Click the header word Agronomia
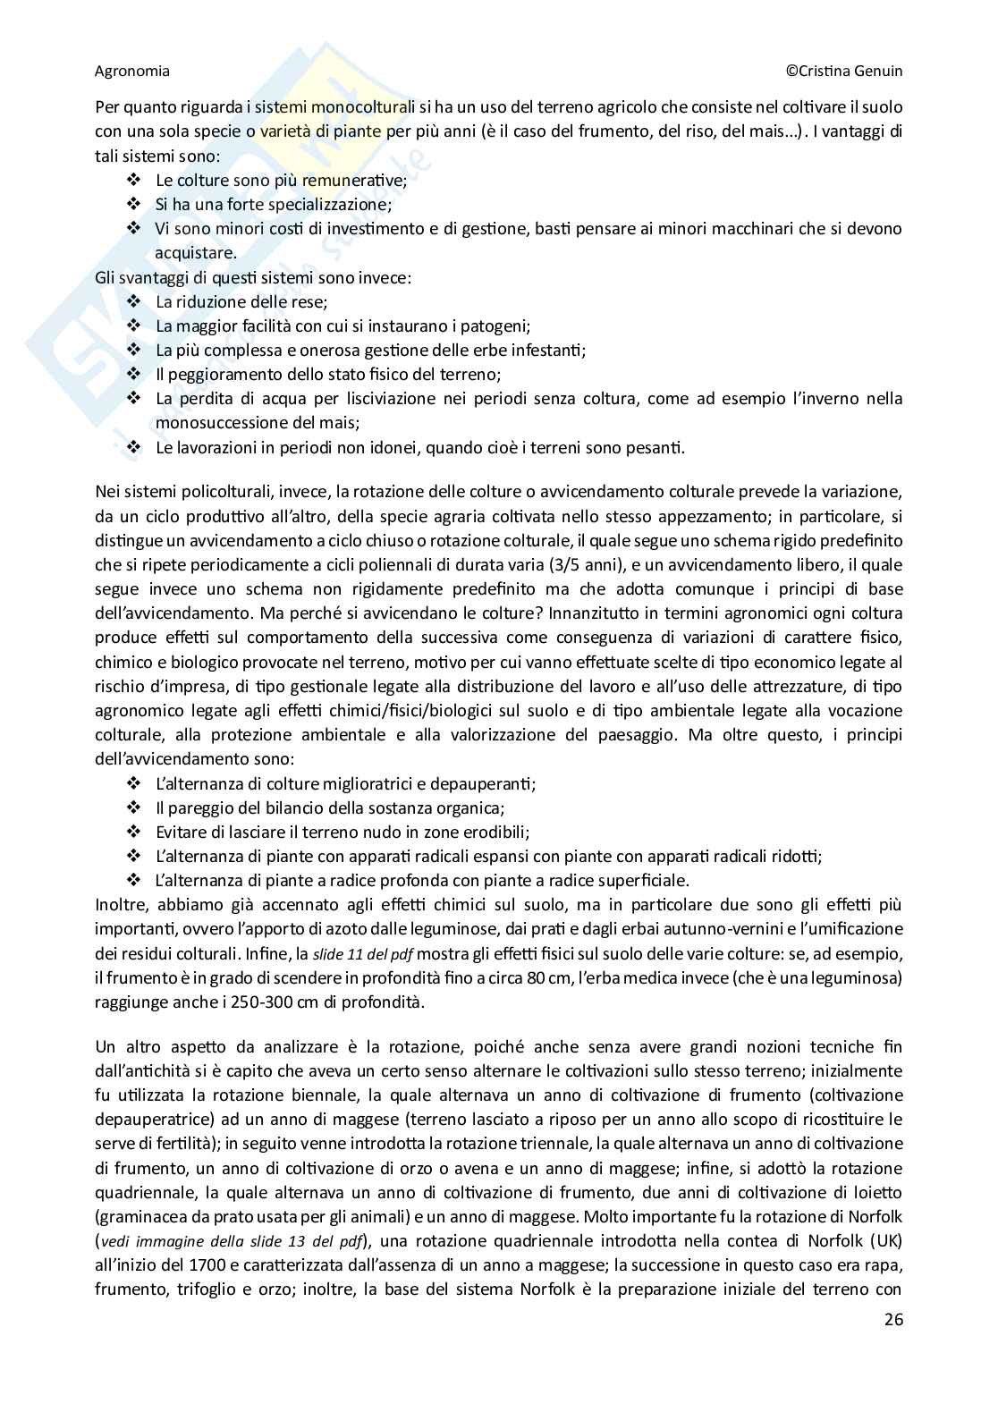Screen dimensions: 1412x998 [131, 71]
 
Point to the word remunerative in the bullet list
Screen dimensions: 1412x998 [354, 180]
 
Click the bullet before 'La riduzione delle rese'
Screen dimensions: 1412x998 [135, 301]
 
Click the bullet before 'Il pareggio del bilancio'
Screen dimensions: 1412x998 [135, 807]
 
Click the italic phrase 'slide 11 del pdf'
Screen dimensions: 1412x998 [363, 953]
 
